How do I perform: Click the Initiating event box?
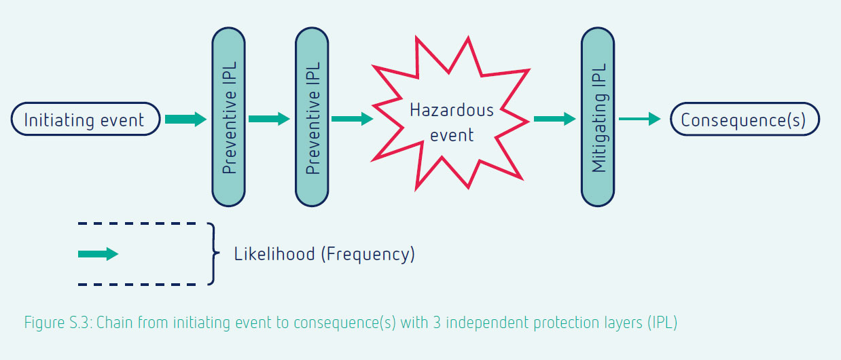tap(86, 119)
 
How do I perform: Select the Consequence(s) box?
tap(745, 119)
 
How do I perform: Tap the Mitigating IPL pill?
tap(598, 117)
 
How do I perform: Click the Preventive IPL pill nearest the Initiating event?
tap(229, 117)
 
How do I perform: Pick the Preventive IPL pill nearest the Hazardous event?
tap(312, 117)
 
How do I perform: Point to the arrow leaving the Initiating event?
tap(186, 119)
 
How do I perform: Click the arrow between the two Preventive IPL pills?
tap(269, 119)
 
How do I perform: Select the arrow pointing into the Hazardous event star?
tap(352, 119)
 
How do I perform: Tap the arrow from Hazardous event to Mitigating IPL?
tap(555, 119)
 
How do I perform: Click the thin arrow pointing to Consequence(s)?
tap(640, 119)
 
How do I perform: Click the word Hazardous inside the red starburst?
tap(452, 110)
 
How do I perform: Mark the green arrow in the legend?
tap(99, 254)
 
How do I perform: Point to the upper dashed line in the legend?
tap(137, 223)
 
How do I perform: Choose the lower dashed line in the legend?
tap(137, 285)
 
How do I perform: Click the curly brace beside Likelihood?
tap(213, 254)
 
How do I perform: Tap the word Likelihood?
tap(274, 254)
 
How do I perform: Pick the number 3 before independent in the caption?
tap(437, 323)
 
